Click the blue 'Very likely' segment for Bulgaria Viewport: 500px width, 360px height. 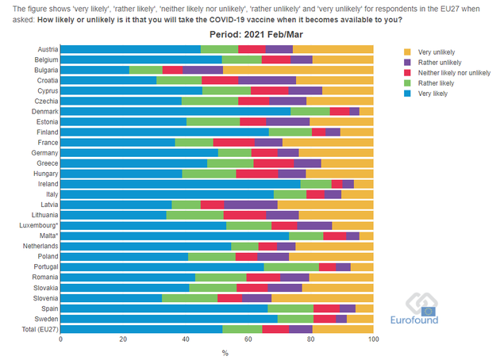point(94,70)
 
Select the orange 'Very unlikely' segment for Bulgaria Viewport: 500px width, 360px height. point(287,70)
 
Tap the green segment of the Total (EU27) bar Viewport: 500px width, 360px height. point(242,328)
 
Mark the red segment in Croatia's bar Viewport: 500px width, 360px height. point(220,80)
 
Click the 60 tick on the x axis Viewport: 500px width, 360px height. point(248,339)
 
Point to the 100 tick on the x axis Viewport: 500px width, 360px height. point(373,339)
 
